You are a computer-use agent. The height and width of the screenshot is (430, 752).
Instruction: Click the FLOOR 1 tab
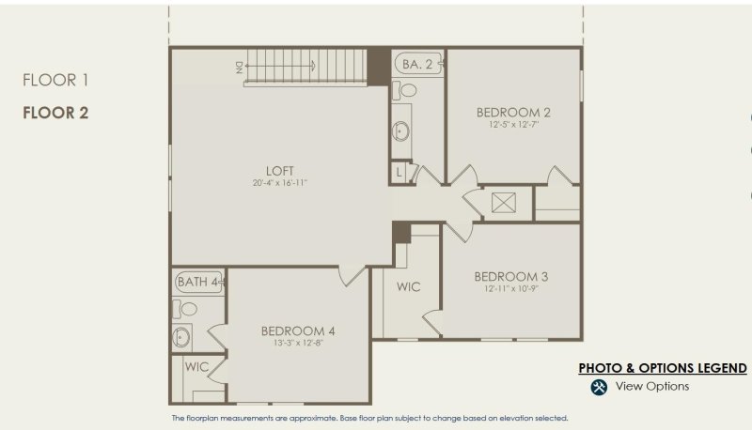tap(55, 81)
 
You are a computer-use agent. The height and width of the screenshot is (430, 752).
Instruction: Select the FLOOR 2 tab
tap(55, 113)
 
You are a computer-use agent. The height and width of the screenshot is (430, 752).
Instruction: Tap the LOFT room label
tap(280, 171)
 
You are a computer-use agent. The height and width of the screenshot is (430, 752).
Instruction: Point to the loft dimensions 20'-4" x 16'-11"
tap(280, 183)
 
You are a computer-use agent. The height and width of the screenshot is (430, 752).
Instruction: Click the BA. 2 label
tap(417, 65)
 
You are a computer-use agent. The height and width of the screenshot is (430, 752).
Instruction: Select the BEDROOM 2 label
tap(513, 113)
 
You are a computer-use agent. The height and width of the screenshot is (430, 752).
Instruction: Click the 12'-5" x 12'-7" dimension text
tap(513, 125)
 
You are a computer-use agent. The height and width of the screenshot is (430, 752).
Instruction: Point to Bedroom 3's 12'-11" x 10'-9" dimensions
tap(511, 288)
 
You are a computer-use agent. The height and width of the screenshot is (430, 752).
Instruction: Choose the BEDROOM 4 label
tap(298, 330)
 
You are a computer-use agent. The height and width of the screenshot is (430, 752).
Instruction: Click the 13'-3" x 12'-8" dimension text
tap(298, 343)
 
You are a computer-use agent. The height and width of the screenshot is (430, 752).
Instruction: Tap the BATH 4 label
tap(197, 282)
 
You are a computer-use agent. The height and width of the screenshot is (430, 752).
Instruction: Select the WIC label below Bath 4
tap(196, 366)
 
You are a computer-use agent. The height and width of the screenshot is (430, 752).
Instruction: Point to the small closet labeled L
tap(399, 173)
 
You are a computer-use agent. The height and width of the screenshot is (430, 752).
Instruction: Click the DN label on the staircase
tap(240, 66)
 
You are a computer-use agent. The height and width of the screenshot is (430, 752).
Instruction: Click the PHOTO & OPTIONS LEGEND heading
tap(662, 368)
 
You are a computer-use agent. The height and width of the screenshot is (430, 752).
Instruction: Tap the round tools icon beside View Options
tap(599, 387)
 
